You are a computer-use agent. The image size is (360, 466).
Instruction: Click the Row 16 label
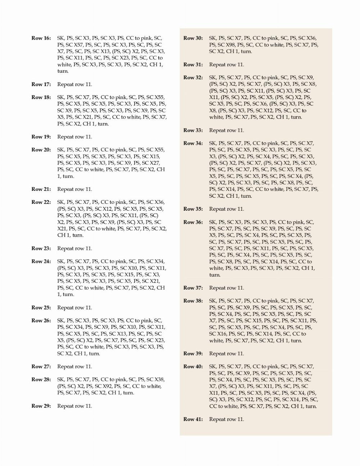coord(41,38)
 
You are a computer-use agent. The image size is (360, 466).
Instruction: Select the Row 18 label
coord(41,97)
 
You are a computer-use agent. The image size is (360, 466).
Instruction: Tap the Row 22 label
coord(41,202)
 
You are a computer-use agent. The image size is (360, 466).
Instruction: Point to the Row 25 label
coord(41,308)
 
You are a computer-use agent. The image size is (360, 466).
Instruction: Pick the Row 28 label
coord(41,380)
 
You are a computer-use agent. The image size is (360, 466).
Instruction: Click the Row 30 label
coord(193,38)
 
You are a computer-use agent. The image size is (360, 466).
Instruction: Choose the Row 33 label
coord(193,130)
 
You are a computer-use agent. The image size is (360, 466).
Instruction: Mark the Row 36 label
coord(193,222)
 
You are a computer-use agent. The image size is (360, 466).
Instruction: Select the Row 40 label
coord(193,367)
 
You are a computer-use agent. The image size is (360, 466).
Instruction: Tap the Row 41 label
coord(193,419)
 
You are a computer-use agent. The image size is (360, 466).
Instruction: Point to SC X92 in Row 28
coord(103,386)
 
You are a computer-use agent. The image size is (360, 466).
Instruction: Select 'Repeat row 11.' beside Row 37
coord(226,288)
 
